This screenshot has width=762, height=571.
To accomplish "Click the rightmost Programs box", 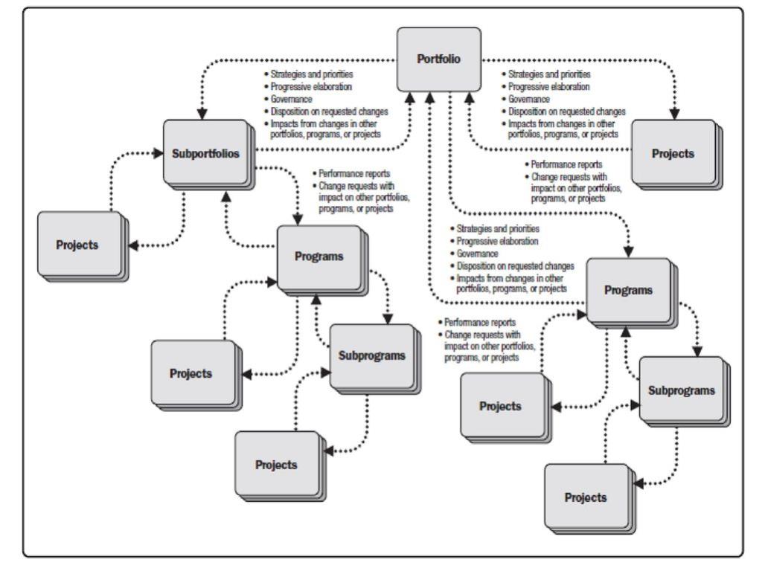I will (x=629, y=289).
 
